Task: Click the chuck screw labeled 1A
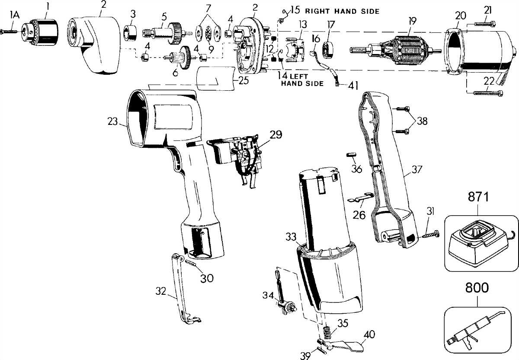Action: [x=9, y=31]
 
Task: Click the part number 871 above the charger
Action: [x=478, y=197]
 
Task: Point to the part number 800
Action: [x=477, y=288]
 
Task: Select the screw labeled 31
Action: [x=430, y=235]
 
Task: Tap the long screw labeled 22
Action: [x=488, y=93]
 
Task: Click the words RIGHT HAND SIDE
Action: [x=342, y=11]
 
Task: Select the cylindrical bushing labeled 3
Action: [x=130, y=33]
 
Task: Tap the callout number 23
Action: [x=112, y=121]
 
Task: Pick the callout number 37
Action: [x=417, y=169]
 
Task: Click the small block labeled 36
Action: [x=351, y=154]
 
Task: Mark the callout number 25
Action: [x=244, y=80]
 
